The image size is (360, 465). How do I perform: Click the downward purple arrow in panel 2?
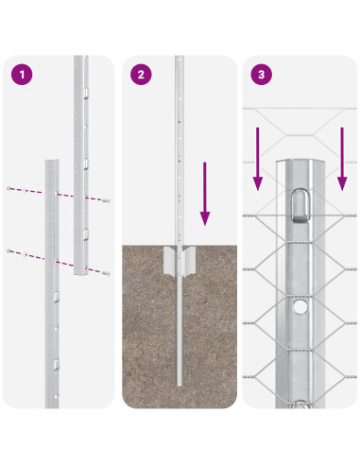204,194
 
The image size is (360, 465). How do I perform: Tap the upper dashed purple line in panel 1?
57,194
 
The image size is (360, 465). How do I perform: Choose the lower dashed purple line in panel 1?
57,261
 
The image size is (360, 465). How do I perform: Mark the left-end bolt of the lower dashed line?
9,250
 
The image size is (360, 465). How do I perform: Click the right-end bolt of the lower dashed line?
107,272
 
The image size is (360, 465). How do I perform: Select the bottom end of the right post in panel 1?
82,275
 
